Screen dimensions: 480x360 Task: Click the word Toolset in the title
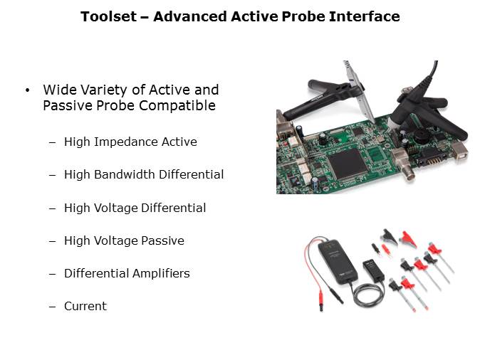coord(108,16)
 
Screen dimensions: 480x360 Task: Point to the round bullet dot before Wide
coord(28,90)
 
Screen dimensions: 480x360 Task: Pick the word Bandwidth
coord(125,174)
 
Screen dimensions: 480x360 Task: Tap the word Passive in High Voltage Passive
coord(162,240)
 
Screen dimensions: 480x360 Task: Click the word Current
coord(85,306)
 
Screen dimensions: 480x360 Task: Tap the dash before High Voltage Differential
coord(53,208)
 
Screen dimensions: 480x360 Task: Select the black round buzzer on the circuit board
coord(422,136)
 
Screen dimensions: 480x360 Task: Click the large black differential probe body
coord(338,262)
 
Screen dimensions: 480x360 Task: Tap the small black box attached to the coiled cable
coord(373,270)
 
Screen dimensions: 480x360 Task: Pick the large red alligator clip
coord(407,239)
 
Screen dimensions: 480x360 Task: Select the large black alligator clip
coord(389,236)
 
